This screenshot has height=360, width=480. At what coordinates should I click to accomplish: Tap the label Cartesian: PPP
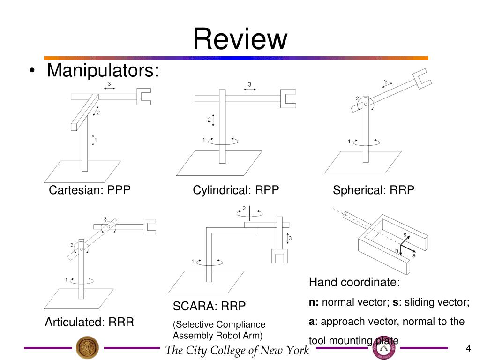point(90,190)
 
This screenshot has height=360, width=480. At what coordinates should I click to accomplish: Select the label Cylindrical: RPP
point(236,190)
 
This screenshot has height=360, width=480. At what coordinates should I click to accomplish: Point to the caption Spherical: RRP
point(374,190)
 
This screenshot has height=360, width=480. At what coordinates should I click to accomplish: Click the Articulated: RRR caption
point(90,322)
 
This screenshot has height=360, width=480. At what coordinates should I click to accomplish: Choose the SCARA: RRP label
point(209,306)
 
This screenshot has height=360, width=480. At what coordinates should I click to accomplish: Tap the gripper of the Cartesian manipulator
point(144,97)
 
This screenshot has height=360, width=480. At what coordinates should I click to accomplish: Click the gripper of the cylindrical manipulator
point(288,99)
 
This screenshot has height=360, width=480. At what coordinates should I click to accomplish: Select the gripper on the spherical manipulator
point(422,79)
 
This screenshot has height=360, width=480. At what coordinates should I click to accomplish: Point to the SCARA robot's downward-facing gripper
point(279,256)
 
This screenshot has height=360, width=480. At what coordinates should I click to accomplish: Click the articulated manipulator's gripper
point(150,227)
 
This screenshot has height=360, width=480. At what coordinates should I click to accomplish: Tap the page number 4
point(468,348)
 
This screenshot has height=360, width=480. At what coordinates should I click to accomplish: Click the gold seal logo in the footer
point(87,347)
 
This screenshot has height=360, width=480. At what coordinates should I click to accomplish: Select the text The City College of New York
point(237,350)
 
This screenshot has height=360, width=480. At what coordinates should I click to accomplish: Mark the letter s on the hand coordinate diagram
point(405,235)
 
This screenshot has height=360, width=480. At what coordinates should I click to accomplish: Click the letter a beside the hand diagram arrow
point(414,255)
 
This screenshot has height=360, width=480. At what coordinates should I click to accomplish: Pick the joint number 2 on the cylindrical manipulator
point(209,120)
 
